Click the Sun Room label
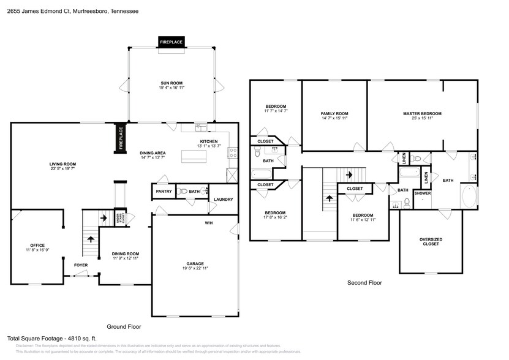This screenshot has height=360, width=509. pos(172,83)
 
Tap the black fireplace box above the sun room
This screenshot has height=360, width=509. pos(172,42)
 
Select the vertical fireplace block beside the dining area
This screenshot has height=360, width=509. pos(121,138)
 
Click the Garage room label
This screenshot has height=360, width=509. pos(195,264)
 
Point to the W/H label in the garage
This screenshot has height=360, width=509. pos(209,222)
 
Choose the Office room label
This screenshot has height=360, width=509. pos(37,246)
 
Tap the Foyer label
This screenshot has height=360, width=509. pos(81,265)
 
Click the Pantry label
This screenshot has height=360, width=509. pos(164,192)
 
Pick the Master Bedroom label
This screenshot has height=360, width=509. pos(422,113)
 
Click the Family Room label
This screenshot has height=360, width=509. pos(334,113)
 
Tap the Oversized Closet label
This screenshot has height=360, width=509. pos(431,242)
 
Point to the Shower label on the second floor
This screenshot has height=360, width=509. pos(423,193)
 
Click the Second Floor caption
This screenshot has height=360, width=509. pos(364,283)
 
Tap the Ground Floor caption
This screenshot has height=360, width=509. pos(124,326)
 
